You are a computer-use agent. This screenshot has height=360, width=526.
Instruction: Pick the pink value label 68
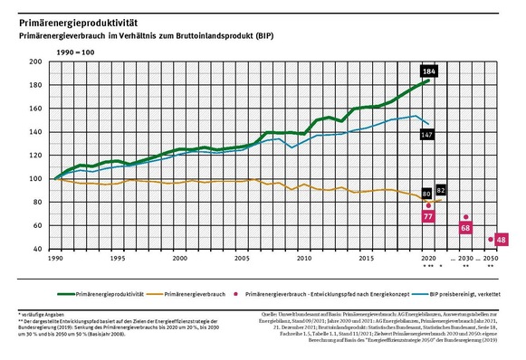tap(466, 228)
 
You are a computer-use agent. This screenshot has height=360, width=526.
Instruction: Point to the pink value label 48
tap(502, 240)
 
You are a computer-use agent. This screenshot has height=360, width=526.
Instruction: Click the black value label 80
tap(427, 193)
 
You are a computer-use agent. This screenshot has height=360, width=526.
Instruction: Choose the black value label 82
tap(441, 191)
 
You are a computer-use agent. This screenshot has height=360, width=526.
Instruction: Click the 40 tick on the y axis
tap(39, 249)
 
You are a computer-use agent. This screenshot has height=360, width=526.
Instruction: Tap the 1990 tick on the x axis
tap(56, 258)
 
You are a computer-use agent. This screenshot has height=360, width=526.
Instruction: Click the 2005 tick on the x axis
tap(241, 258)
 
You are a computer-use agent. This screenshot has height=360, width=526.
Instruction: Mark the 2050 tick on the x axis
tap(490, 258)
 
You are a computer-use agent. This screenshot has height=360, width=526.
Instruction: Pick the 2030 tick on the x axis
tap(465, 258)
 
